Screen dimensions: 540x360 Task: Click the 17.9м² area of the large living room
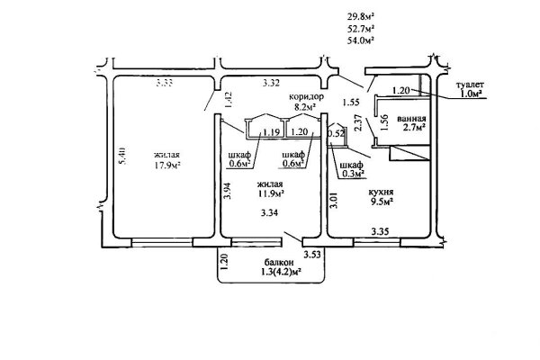[x=167, y=166]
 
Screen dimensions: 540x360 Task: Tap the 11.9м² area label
[x=271, y=194]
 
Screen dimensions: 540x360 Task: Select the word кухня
[x=381, y=193]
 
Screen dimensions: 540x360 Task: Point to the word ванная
[x=411, y=119]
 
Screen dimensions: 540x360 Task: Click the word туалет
[x=470, y=85]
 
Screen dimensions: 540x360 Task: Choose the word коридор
[x=306, y=97]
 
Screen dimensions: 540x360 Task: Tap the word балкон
[x=277, y=262]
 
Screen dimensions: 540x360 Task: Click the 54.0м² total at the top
[x=361, y=40]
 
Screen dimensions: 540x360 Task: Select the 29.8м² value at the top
[x=361, y=16]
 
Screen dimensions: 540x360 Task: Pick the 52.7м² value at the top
[x=361, y=28]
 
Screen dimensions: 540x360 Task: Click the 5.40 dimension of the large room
[x=122, y=156]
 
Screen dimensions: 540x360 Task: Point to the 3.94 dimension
[x=227, y=191]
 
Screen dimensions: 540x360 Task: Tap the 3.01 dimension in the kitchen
[x=334, y=200]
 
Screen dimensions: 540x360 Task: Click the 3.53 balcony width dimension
[x=312, y=255]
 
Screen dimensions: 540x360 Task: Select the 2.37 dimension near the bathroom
[x=358, y=122]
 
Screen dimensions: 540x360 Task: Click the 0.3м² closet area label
[x=353, y=174]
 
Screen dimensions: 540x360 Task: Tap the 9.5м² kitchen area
[x=382, y=202]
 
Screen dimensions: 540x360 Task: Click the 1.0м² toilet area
[x=471, y=94]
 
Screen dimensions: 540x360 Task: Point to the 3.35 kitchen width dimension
[x=380, y=231]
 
